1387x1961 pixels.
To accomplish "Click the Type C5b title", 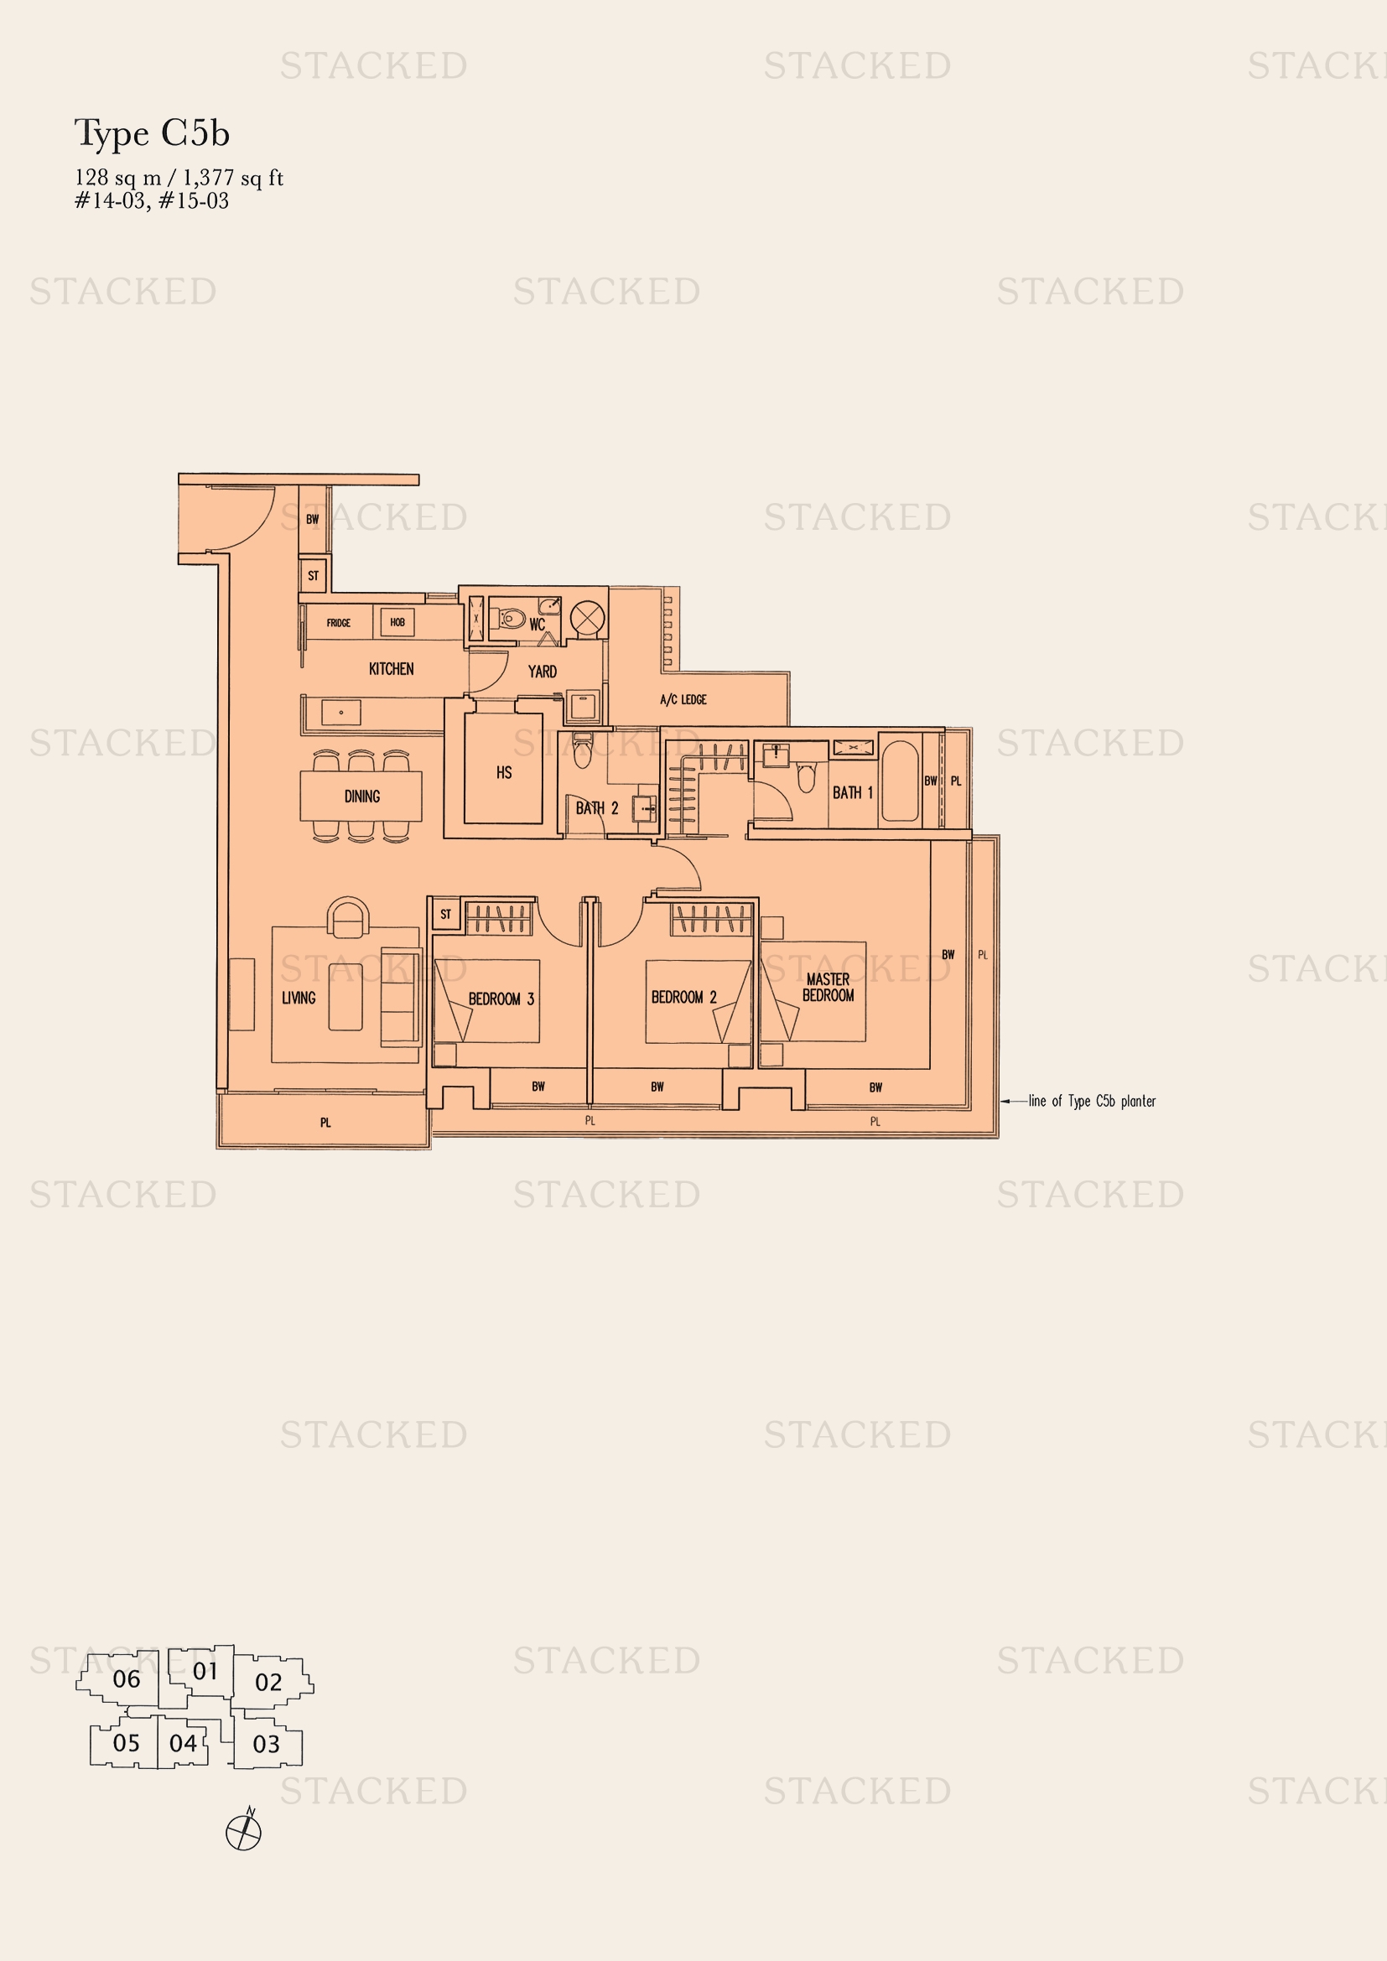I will pyautogui.click(x=152, y=134).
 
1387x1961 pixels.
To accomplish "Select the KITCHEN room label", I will pyautogui.click(x=391, y=669).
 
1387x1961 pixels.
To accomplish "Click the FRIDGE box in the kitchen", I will pyautogui.click(x=338, y=623).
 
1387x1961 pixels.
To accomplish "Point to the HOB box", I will pyautogui.click(x=397, y=623).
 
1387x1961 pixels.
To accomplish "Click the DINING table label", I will pyautogui.click(x=361, y=796).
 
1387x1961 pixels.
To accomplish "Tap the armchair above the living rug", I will pyautogui.click(x=349, y=917).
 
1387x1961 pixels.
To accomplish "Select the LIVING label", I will pyautogui.click(x=298, y=998).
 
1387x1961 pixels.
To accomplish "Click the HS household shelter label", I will pyautogui.click(x=504, y=773).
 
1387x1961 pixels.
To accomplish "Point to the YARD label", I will pyautogui.click(x=542, y=672).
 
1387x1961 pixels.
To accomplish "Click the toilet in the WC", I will pyautogui.click(x=512, y=617).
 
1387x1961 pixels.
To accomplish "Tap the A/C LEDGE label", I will pyautogui.click(x=683, y=699).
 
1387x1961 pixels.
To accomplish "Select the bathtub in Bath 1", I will pyautogui.click(x=899, y=781).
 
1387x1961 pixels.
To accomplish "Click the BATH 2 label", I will pyautogui.click(x=596, y=808).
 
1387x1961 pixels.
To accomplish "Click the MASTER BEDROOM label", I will pyautogui.click(x=828, y=988).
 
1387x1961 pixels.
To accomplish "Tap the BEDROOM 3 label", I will pyautogui.click(x=501, y=999).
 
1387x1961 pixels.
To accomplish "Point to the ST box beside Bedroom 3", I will pyautogui.click(x=445, y=914).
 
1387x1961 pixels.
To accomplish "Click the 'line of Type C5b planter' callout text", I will pyautogui.click(x=1091, y=1101).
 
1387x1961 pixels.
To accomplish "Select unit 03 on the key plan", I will pyautogui.click(x=267, y=1744).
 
